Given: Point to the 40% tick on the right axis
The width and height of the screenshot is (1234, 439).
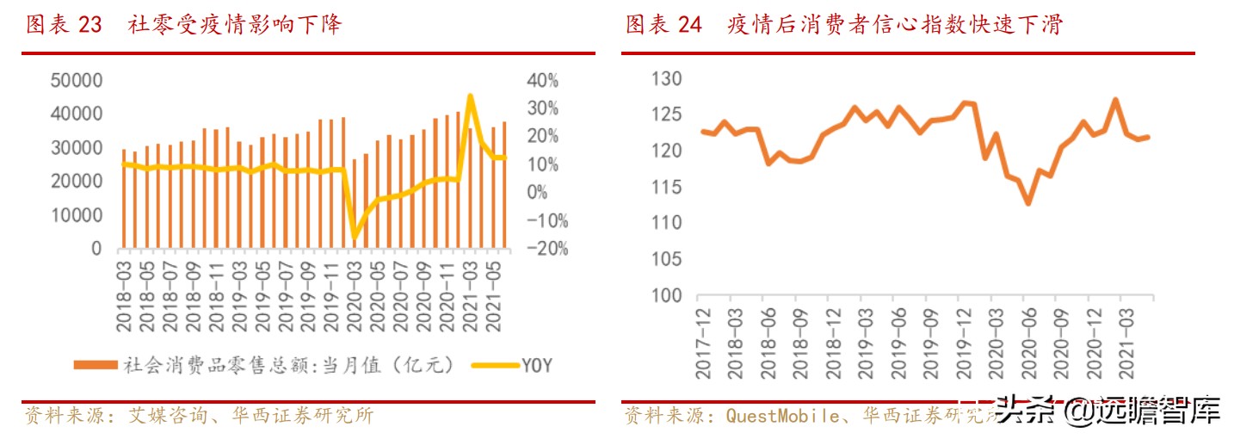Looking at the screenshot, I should pyautogui.click(x=542, y=80).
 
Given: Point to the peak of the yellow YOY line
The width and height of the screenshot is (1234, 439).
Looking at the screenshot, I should pyautogui.click(x=470, y=96).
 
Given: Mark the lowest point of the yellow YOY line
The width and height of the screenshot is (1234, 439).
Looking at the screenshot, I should pyautogui.click(x=354, y=238).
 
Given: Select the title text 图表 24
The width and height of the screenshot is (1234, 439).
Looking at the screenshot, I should pyautogui.click(x=663, y=25).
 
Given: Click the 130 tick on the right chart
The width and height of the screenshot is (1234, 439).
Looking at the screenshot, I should pyautogui.click(x=666, y=79).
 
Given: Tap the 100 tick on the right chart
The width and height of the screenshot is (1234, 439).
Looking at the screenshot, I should pyautogui.click(x=666, y=295).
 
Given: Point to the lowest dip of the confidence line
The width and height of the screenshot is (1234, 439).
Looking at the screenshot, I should pyautogui.click(x=1027, y=203).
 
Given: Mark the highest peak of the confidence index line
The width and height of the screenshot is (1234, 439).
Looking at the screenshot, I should pyautogui.click(x=1115, y=100).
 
